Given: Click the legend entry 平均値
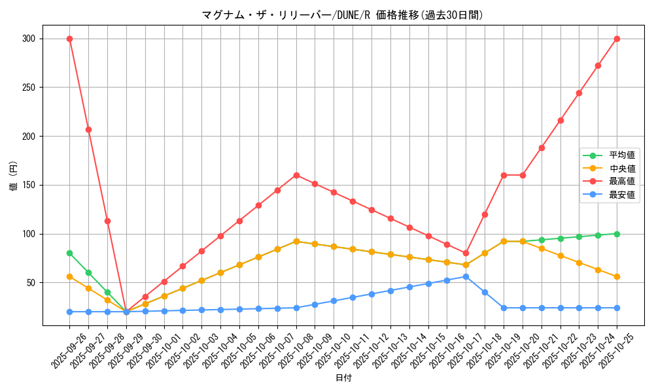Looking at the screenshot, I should click(x=622, y=155).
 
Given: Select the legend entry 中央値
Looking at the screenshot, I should click(x=622, y=169).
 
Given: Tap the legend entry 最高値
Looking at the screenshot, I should click(x=622, y=182).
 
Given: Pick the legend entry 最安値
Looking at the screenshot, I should click(x=622, y=195).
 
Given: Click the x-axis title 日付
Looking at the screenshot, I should click(x=343, y=378).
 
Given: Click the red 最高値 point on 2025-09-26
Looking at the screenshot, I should click(x=69, y=39).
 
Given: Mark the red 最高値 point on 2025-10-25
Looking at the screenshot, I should click(x=617, y=39).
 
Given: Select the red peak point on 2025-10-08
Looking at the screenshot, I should click(x=296, y=175).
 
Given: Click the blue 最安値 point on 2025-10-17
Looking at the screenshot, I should click(x=466, y=276).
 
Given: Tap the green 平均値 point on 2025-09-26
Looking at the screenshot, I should click(x=69, y=253).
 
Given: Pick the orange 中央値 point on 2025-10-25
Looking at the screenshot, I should click(x=617, y=276).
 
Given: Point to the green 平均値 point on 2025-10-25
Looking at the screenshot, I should click(x=617, y=233).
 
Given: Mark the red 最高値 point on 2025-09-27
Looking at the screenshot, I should click(x=88, y=129).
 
